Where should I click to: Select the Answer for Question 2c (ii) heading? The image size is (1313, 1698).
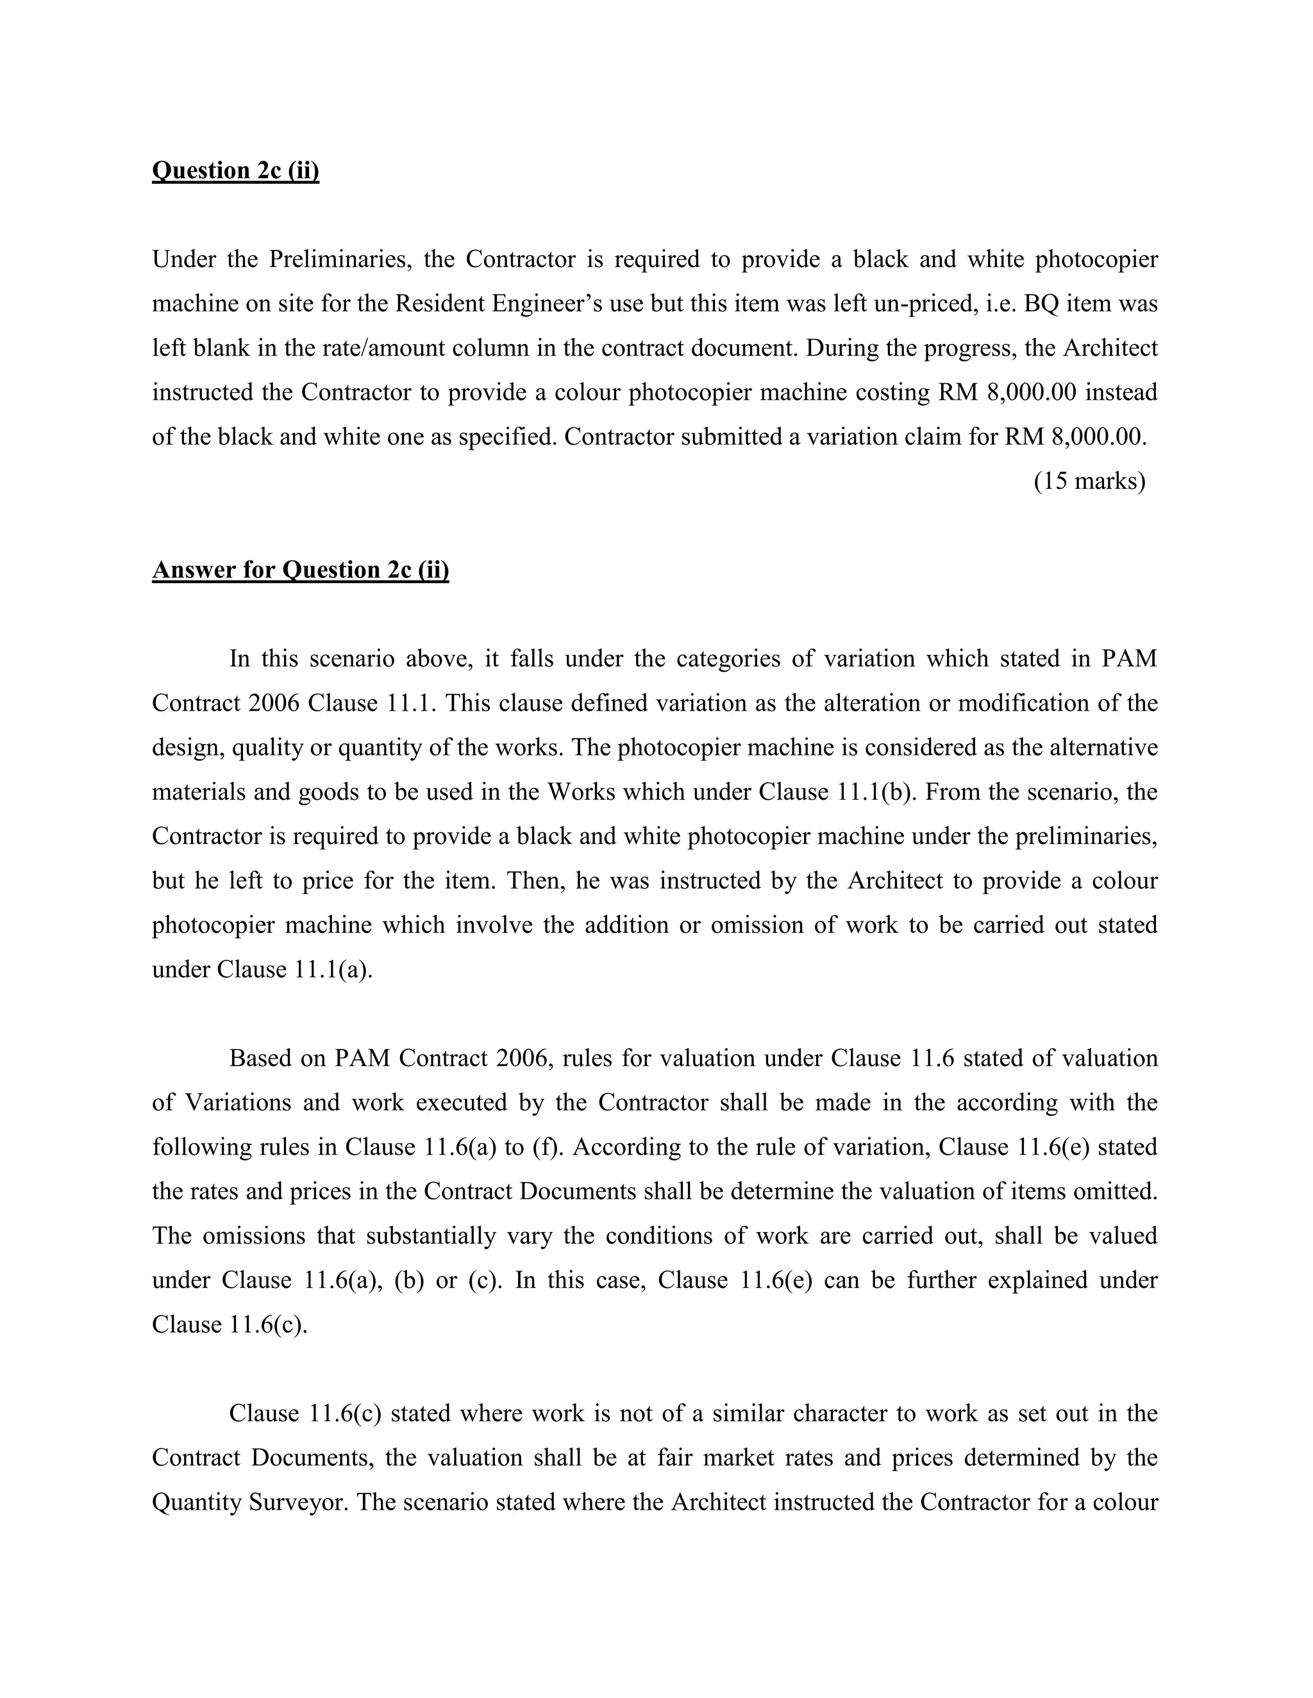[x=300, y=570]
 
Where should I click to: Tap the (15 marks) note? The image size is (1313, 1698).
[x=1089, y=481]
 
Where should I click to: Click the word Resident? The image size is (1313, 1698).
[x=439, y=303]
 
